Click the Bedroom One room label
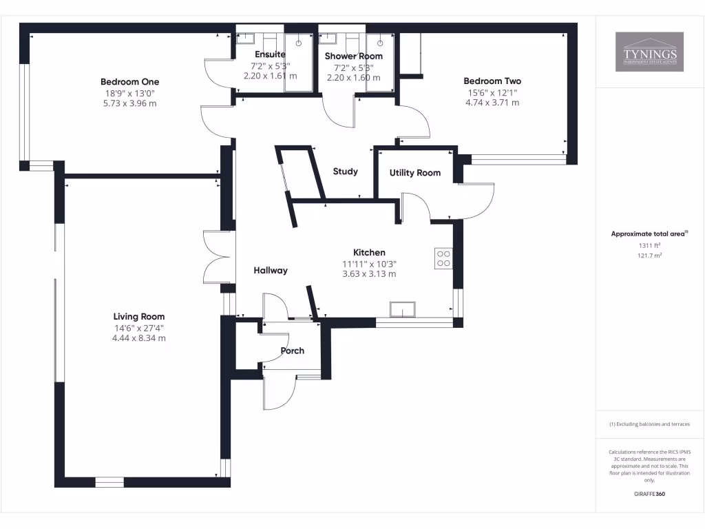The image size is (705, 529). point(129,82)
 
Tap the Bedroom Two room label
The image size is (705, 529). point(492,81)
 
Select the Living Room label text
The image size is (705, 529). point(139,317)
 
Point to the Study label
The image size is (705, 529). point(345,172)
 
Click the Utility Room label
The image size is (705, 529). point(414,173)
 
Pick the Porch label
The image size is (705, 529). point(292,351)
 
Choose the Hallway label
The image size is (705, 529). point(270,271)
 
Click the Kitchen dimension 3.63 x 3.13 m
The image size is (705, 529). point(369,274)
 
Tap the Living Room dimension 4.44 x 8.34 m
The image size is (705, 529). point(139,338)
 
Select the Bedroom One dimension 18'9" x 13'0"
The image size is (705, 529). point(129,93)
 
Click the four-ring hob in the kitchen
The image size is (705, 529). point(443,258)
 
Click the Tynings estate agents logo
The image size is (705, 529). point(649,52)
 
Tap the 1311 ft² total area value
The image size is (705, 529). point(649,245)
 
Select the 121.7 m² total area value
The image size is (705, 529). point(649,256)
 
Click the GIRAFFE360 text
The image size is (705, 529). point(649,494)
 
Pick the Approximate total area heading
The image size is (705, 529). point(649,234)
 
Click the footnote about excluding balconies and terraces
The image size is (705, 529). point(649,424)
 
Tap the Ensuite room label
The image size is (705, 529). point(270,54)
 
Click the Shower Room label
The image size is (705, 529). point(353,56)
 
